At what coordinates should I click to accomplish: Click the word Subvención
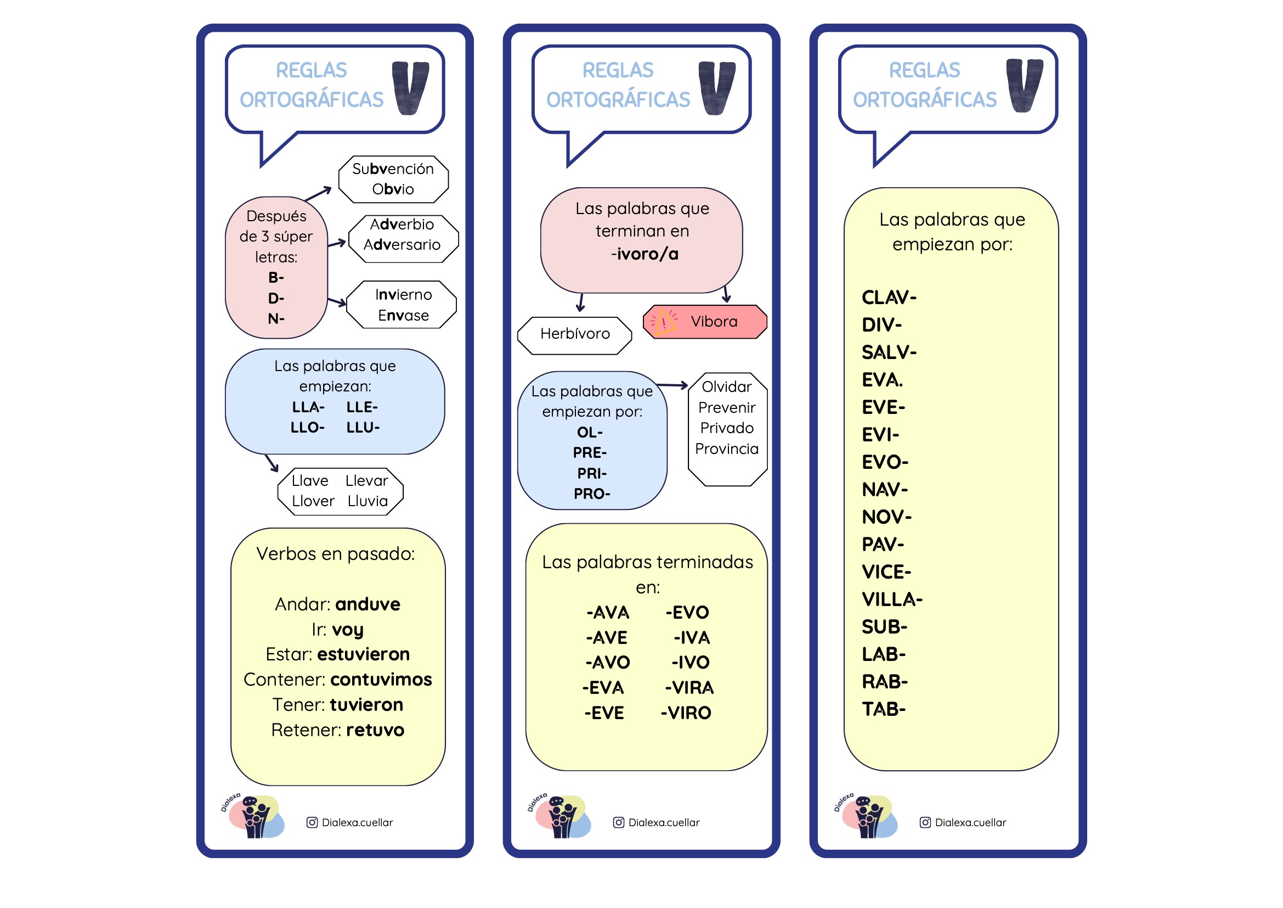392,169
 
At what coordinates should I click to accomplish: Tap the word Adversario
402,245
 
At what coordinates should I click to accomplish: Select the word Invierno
404,295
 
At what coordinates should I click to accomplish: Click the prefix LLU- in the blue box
363,428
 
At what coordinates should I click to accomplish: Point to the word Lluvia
368,501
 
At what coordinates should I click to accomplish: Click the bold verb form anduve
368,604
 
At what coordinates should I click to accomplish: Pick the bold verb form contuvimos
381,680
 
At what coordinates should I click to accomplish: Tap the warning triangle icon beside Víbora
664,322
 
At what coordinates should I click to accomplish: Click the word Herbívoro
575,334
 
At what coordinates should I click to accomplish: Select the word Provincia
726,449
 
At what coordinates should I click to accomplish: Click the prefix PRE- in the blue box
590,453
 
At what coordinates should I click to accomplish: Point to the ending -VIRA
689,688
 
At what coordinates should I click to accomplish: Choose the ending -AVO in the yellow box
607,663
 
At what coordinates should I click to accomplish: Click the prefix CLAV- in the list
889,298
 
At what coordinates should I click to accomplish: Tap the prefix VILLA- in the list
892,600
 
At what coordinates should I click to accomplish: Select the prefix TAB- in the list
884,709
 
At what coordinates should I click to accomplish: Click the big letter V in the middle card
716,88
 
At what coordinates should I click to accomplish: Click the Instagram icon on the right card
925,822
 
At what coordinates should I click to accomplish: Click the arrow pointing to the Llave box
272,463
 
